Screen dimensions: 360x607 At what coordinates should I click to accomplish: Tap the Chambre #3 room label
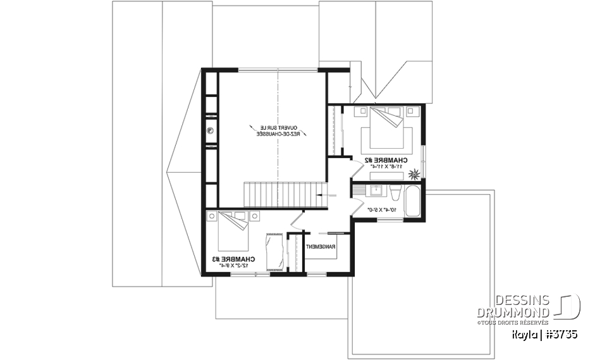tap(235, 259)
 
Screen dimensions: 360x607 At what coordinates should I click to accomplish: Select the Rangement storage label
tap(320, 247)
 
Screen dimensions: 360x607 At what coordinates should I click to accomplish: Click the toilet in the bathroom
tap(395, 192)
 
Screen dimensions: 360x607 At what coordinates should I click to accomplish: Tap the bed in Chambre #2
tap(387, 130)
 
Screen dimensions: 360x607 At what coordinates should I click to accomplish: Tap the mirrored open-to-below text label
tap(278, 131)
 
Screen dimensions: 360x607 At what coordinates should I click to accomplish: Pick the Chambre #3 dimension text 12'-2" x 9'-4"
tap(235, 266)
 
